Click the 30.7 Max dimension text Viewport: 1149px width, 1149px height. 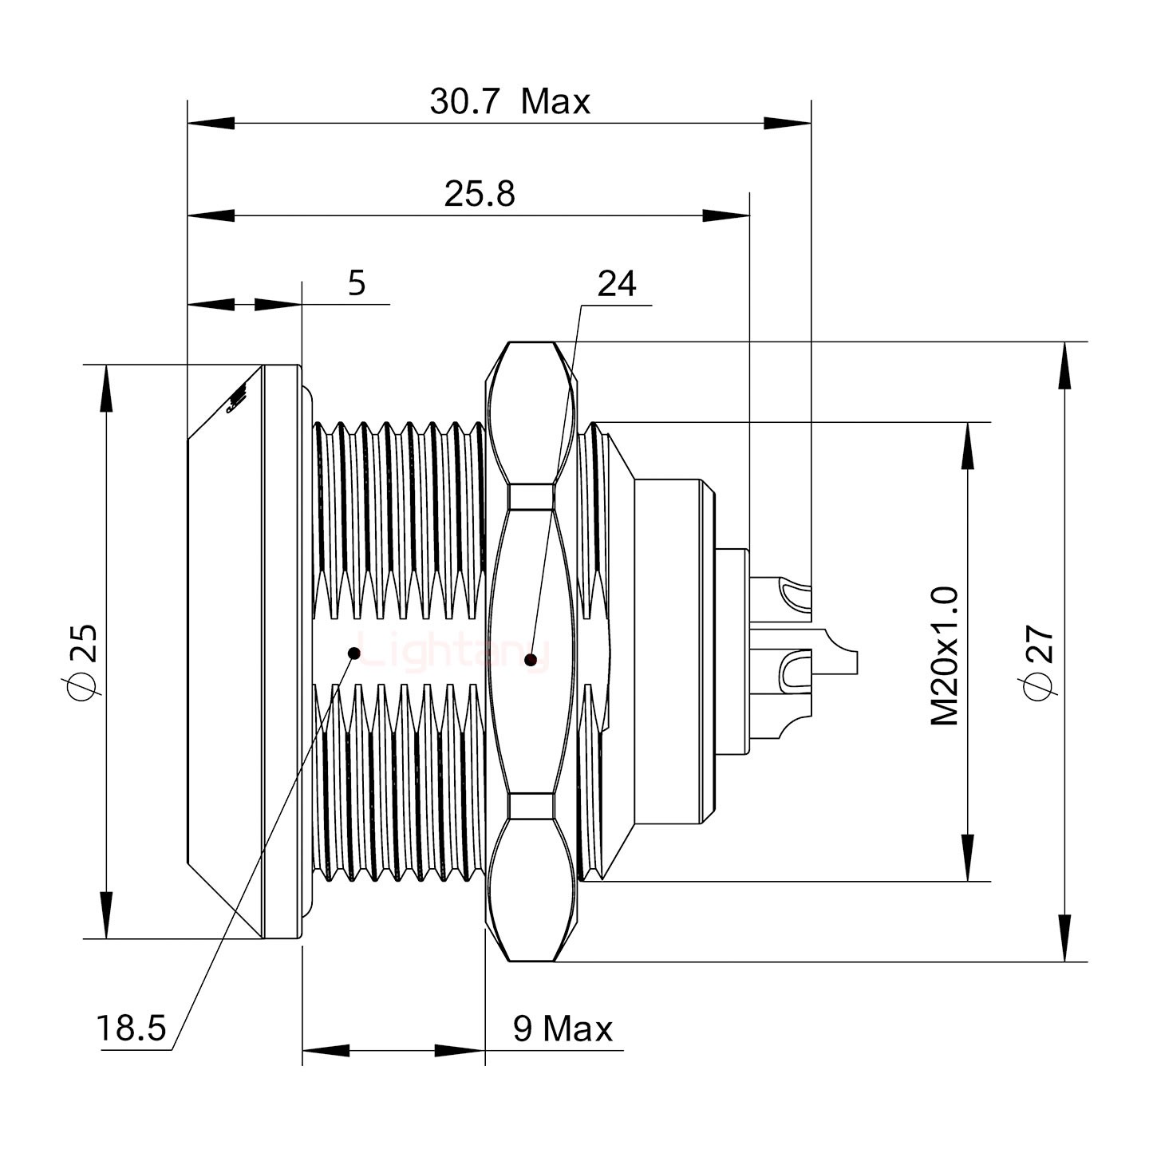coord(510,103)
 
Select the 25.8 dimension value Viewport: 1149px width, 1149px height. coord(480,195)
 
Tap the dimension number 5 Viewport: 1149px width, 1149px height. coord(357,283)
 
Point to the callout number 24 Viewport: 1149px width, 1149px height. coord(617,284)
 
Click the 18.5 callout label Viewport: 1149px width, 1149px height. coord(131,1029)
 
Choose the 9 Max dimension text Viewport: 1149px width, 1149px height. coord(563,1029)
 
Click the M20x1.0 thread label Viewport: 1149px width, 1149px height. coord(945,656)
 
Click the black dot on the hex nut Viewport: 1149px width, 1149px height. coord(531,659)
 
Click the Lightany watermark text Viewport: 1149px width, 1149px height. coord(451,651)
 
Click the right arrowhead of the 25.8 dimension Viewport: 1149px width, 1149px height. coord(726,215)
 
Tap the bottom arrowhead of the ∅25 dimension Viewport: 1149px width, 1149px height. coord(105,915)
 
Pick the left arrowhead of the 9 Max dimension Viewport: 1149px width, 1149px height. coord(326,1050)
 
